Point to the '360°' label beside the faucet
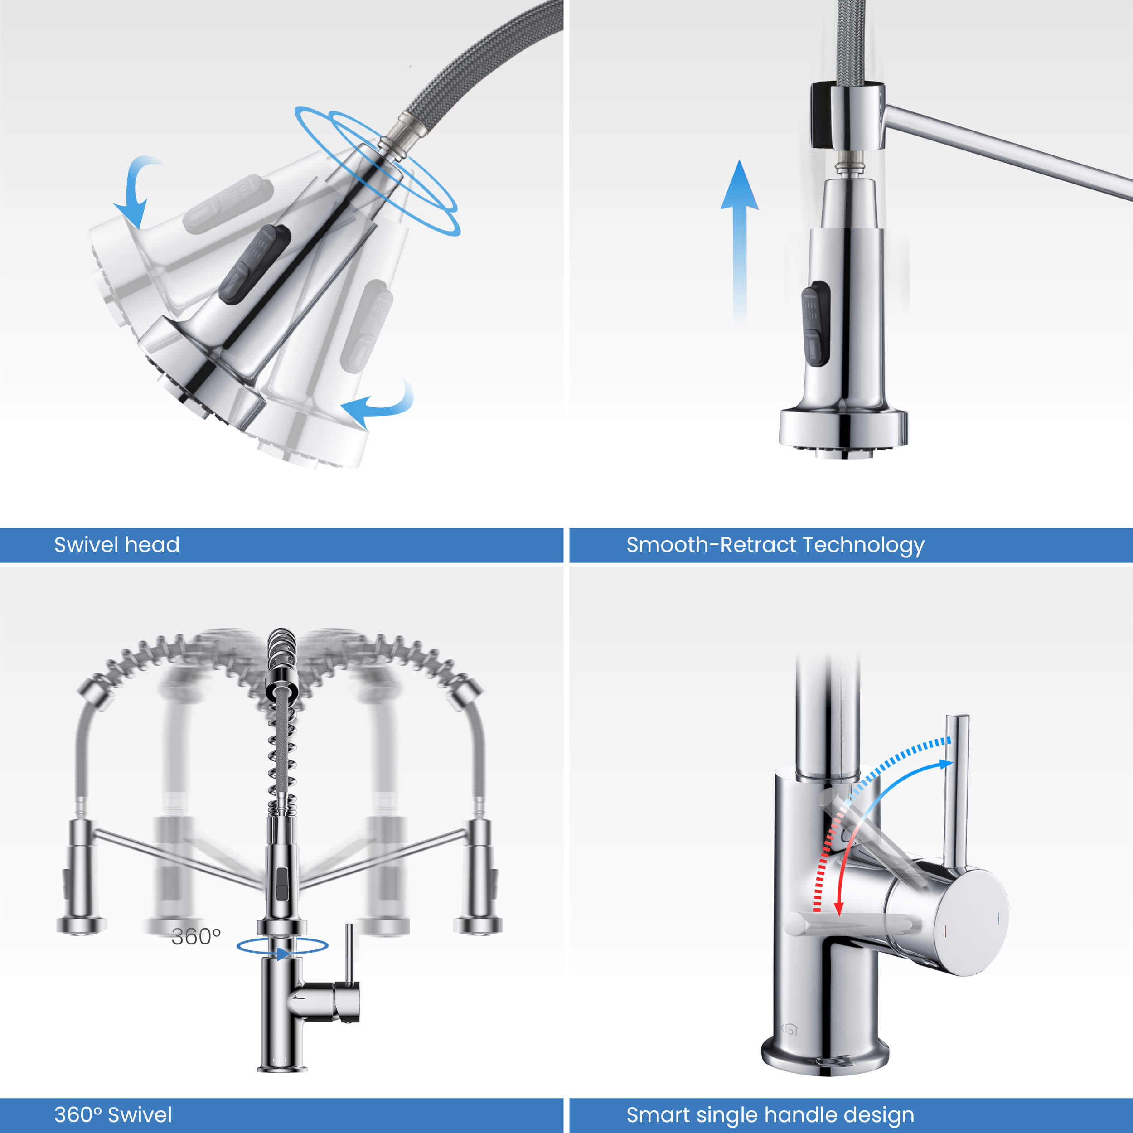[196, 937]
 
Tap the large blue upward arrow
[740, 241]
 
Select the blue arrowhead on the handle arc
[945, 764]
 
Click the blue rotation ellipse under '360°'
[282, 945]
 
